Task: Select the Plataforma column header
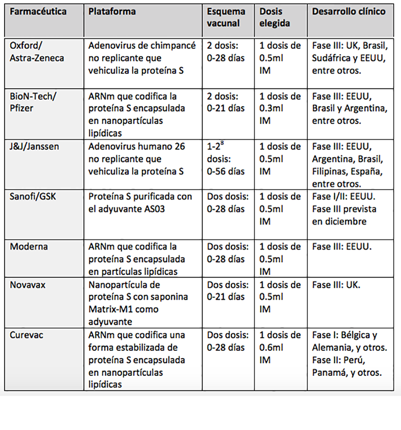tap(112, 12)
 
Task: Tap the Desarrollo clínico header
tap(348, 12)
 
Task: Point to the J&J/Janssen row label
tap(34, 146)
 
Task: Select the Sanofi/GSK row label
tap(33, 196)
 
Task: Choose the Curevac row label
tap(27, 335)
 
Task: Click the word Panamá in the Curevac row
tap(330, 372)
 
